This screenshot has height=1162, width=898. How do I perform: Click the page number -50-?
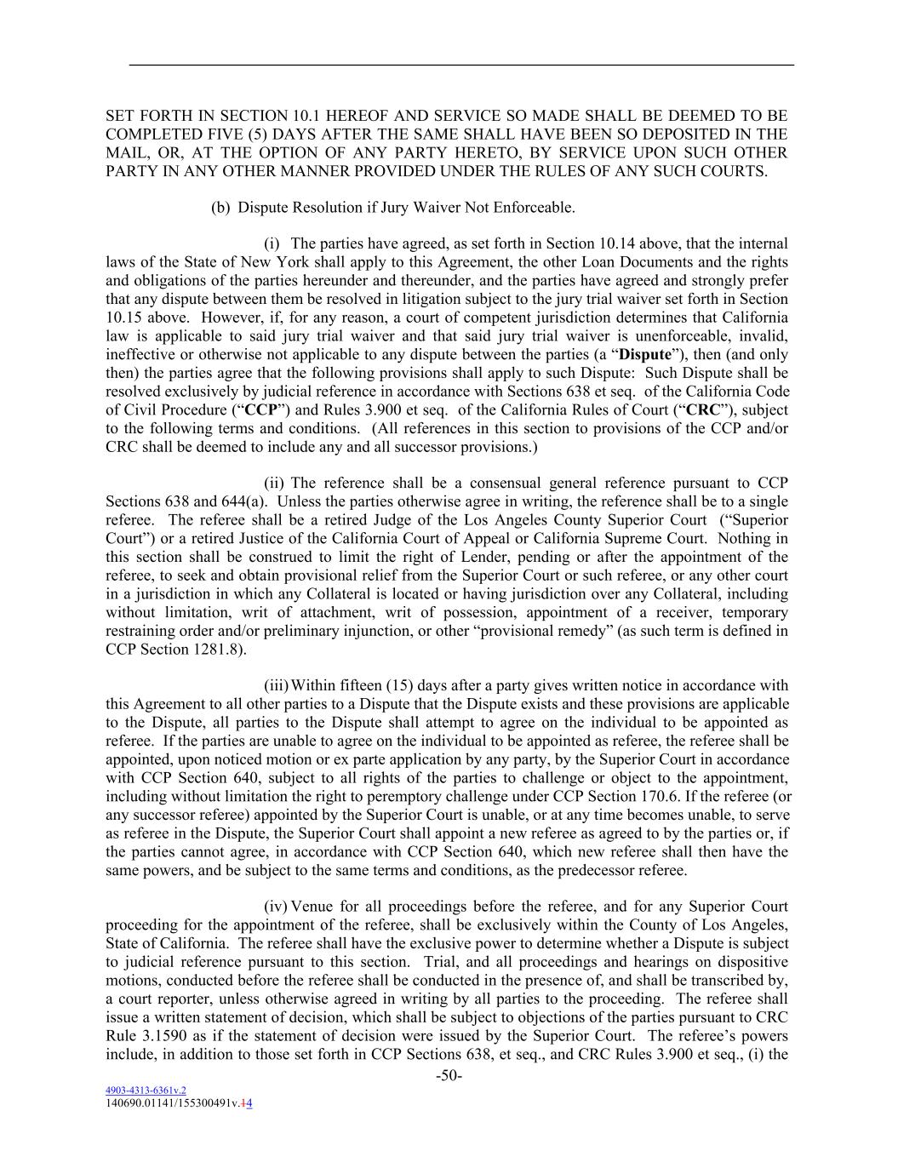pos(449,1076)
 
